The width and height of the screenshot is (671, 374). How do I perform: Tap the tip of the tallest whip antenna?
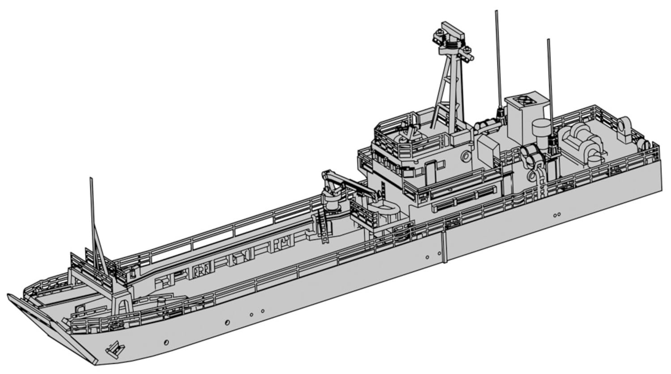496,12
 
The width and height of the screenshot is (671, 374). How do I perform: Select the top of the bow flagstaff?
91,179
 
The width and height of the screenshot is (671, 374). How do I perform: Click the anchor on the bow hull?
114,347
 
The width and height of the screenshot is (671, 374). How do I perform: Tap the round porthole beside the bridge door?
466,156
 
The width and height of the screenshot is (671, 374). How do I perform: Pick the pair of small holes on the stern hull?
557,215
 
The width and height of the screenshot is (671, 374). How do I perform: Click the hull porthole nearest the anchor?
166,342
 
